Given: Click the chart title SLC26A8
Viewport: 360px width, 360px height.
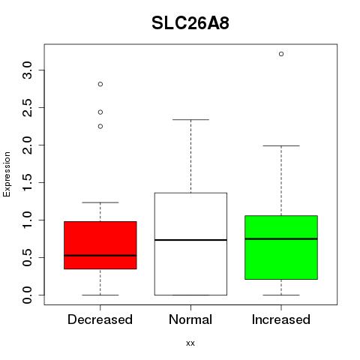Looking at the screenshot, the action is (x=190, y=23).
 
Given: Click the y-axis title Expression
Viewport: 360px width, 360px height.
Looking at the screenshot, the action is (x=7, y=174).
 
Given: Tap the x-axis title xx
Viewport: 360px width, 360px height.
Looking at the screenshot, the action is (x=190, y=343).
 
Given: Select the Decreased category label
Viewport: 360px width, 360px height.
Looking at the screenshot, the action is (x=100, y=319).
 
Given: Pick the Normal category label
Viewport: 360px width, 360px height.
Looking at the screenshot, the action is (x=190, y=319).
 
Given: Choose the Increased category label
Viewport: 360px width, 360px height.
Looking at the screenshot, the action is (x=281, y=319).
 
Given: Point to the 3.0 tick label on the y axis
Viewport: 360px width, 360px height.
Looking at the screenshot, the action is (x=27, y=70).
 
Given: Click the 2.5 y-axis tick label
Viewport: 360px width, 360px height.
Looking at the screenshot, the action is (x=27, y=108).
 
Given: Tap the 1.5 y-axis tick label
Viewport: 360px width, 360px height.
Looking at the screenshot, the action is (x=27, y=183).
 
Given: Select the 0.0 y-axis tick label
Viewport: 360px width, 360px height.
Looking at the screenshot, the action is (x=27, y=295).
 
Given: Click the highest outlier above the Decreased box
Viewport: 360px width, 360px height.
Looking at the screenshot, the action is (x=100, y=84).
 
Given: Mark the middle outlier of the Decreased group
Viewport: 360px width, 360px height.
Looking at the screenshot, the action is (x=100, y=112).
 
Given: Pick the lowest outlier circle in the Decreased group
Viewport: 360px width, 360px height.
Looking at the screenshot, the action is (x=100, y=127).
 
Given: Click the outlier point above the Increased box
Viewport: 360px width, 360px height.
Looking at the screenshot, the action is (x=281, y=54).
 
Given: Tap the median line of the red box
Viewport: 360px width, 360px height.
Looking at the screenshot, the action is (x=100, y=256).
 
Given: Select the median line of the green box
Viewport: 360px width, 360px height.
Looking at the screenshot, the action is (x=281, y=238).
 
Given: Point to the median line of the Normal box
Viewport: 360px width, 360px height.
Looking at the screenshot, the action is (x=190, y=240).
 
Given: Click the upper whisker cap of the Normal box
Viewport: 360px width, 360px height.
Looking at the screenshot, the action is (x=190, y=119).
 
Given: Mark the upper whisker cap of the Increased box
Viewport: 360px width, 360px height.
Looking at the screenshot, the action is (x=281, y=145).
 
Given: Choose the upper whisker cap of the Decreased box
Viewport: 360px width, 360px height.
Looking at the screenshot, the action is (x=100, y=202).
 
